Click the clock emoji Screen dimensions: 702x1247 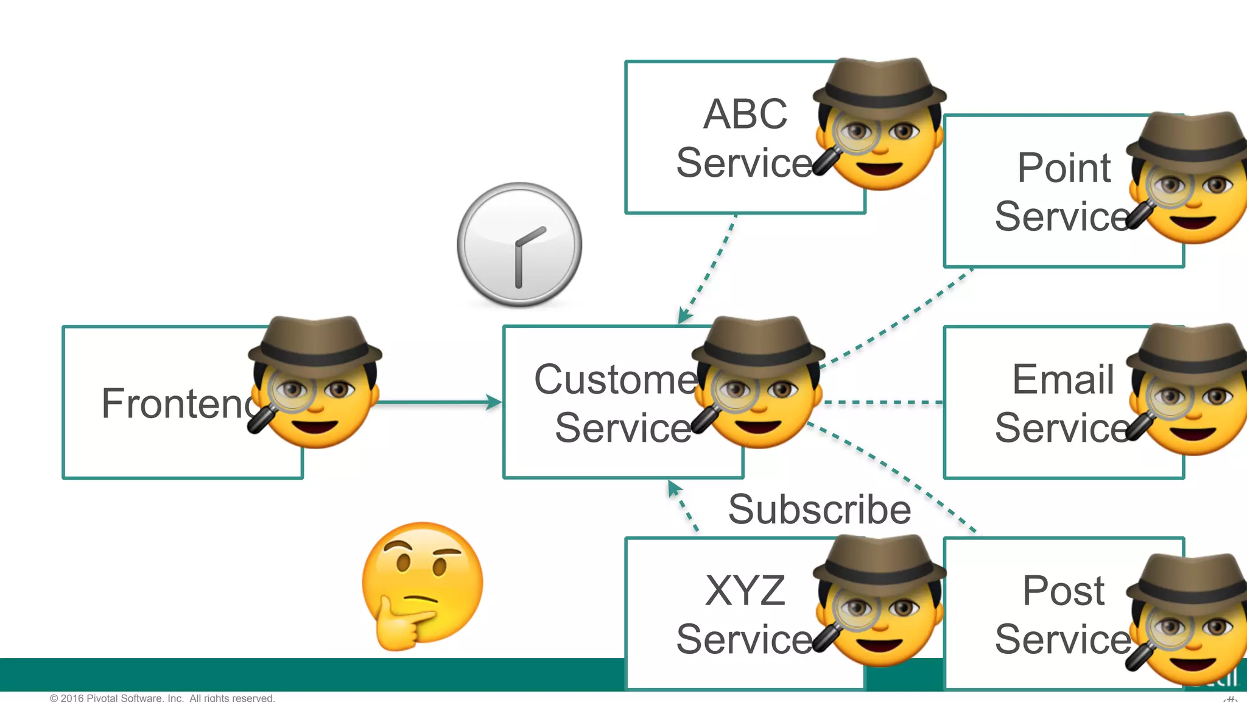[x=519, y=245]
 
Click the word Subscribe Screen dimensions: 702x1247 [x=820, y=509]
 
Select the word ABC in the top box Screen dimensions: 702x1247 [x=745, y=114]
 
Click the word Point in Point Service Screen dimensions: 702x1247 [x=1064, y=168]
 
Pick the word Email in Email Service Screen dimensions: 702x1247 [x=1063, y=379]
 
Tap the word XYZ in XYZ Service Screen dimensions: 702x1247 [x=745, y=590]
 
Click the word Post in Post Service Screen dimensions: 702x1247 [x=1063, y=590]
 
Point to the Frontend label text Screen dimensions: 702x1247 [x=177, y=403]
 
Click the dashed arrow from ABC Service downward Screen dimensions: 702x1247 [x=709, y=268]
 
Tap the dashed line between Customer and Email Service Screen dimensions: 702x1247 [x=883, y=402]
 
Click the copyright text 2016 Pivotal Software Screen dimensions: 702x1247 [x=162, y=697]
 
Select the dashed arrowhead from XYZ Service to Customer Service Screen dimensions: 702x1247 [x=673, y=487]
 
